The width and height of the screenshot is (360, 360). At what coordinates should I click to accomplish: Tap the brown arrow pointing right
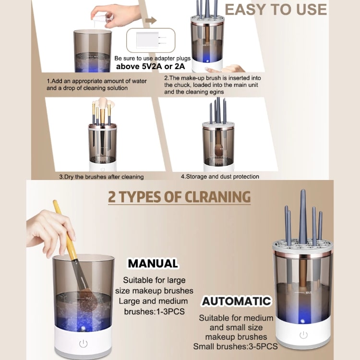pyautogui.click(x=151, y=21)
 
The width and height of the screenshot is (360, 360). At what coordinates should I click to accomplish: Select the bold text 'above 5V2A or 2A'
pyautogui.click(x=150, y=66)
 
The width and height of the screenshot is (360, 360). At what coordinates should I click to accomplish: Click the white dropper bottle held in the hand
pyautogui.click(x=101, y=18)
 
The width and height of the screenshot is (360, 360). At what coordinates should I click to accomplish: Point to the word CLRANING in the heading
pyautogui.click(x=217, y=197)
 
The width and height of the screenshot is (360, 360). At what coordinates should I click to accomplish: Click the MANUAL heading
pyautogui.click(x=153, y=264)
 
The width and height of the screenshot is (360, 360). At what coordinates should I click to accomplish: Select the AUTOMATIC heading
pyautogui.click(x=237, y=301)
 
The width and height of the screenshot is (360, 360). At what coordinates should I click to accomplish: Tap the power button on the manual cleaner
pyautogui.click(x=83, y=344)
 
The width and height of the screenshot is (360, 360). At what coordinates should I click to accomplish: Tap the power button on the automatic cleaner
pyautogui.click(x=303, y=335)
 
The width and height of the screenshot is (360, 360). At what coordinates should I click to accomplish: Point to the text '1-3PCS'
pyautogui.click(x=170, y=312)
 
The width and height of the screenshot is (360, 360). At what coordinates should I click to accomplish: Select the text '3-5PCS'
pyautogui.click(x=263, y=347)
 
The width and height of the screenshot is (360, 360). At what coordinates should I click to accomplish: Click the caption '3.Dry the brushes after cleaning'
pyautogui.click(x=101, y=177)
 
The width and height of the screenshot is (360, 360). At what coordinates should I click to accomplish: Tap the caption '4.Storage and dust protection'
pyautogui.click(x=220, y=177)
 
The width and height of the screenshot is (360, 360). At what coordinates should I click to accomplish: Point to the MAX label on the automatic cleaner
pyautogui.click(x=308, y=292)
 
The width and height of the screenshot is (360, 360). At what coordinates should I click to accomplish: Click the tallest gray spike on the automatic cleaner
pyautogui.click(x=303, y=216)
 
